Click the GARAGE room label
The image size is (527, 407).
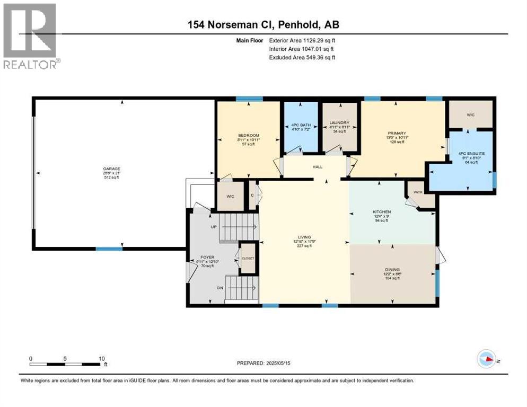point(111,170)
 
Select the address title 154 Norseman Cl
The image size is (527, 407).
point(263,25)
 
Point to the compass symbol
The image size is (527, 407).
point(486,359)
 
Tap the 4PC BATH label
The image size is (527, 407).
point(300,126)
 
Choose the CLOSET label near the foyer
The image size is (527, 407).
point(248,258)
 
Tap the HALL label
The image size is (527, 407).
point(317,167)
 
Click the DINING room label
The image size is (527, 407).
point(392,269)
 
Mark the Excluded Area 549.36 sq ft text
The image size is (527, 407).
point(302,57)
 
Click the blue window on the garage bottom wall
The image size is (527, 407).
point(109,249)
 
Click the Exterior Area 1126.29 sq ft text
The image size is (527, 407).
point(302,40)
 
